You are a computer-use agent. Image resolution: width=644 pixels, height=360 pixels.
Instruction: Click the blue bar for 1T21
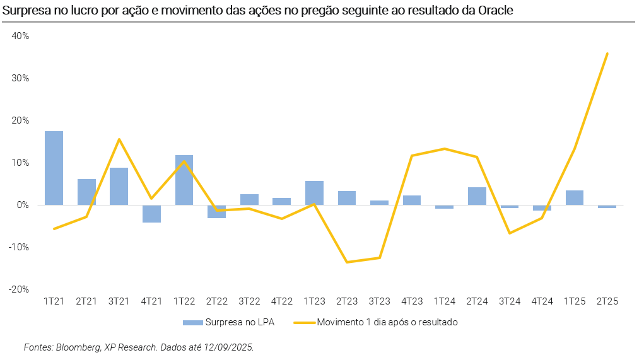(54, 168)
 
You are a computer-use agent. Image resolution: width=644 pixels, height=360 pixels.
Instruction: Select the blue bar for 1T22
(184, 180)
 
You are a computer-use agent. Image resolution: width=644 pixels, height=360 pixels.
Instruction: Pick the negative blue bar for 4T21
(151, 214)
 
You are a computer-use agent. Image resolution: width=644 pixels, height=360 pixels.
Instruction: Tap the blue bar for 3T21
(119, 186)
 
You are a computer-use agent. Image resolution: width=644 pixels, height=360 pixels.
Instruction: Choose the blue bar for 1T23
(314, 193)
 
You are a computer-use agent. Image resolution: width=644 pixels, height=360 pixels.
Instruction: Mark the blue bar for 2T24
(477, 196)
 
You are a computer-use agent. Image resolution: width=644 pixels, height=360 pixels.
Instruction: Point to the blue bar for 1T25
(575, 197)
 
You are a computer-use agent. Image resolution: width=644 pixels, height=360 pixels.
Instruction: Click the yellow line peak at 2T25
(607, 54)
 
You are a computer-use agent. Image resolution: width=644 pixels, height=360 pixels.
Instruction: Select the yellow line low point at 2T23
(347, 262)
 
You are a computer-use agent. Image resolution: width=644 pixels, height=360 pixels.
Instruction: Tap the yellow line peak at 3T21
(119, 139)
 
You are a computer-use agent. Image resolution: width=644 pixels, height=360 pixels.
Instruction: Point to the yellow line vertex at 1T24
(445, 149)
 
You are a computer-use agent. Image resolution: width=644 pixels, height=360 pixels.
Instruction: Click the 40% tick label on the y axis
(20, 36)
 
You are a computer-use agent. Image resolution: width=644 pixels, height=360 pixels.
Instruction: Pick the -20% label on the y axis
(19, 289)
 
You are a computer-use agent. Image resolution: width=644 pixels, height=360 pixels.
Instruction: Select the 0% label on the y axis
(23, 205)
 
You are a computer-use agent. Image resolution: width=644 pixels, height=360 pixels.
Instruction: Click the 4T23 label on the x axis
(412, 301)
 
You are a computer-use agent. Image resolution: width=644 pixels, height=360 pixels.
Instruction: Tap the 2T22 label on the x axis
(216, 301)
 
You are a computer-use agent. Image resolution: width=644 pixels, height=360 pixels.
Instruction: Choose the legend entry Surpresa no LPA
(236, 322)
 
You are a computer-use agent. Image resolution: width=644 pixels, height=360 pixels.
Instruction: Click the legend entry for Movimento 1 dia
(387, 322)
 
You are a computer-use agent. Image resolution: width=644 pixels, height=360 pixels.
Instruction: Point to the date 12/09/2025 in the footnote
(228, 347)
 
